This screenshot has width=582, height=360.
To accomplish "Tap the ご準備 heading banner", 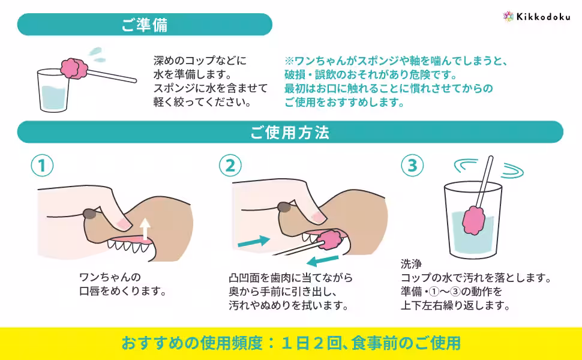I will point(145,25).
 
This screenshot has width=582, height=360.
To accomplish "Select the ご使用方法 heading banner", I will point(290,133).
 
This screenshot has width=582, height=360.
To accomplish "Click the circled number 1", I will point(42,165).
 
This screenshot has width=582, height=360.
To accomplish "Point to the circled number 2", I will point(230,165).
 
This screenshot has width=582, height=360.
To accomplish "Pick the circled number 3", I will point(412,165).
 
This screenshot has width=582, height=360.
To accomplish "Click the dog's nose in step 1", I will point(90,214).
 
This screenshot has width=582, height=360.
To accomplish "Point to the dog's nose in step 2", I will point(284,207).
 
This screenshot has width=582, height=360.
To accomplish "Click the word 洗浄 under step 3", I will point(411,264).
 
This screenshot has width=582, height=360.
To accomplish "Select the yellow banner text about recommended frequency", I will point(291,343).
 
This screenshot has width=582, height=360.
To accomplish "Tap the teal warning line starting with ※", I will point(397,61).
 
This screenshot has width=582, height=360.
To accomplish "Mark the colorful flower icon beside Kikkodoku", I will point(508,16).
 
